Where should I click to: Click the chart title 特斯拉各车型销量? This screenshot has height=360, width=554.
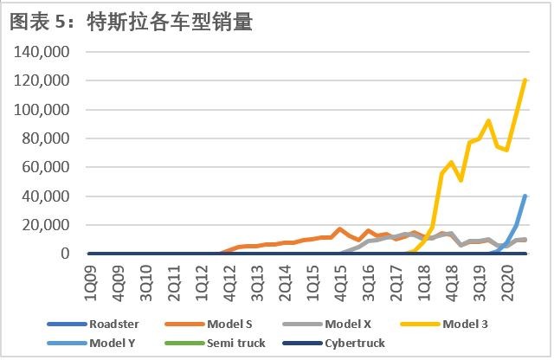(171, 22)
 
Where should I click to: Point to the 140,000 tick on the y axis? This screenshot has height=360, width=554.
(42, 52)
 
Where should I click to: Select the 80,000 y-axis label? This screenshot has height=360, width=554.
(46, 138)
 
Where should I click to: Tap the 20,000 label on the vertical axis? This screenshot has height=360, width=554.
(46, 225)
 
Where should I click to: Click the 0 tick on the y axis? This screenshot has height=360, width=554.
(65, 254)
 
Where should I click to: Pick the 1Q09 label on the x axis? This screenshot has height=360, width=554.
(91, 283)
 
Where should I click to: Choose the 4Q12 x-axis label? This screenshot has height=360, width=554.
(229, 283)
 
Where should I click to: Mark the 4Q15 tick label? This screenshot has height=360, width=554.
(341, 283)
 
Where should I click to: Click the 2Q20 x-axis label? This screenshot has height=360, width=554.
(508, 283)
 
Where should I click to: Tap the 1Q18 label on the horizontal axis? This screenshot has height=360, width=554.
(424, 283)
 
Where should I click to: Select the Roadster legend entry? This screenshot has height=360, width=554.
(93, 324)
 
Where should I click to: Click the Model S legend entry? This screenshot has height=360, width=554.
(209, 324)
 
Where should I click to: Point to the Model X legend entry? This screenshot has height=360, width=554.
(327, 324)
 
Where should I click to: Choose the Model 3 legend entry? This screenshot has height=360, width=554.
(444, 324)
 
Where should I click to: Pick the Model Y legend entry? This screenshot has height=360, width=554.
(91, 343)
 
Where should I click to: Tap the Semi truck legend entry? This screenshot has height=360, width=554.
(216, 343)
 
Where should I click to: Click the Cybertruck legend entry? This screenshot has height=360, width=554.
(334, 343)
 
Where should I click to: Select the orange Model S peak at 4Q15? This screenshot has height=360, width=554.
(340, 229)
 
